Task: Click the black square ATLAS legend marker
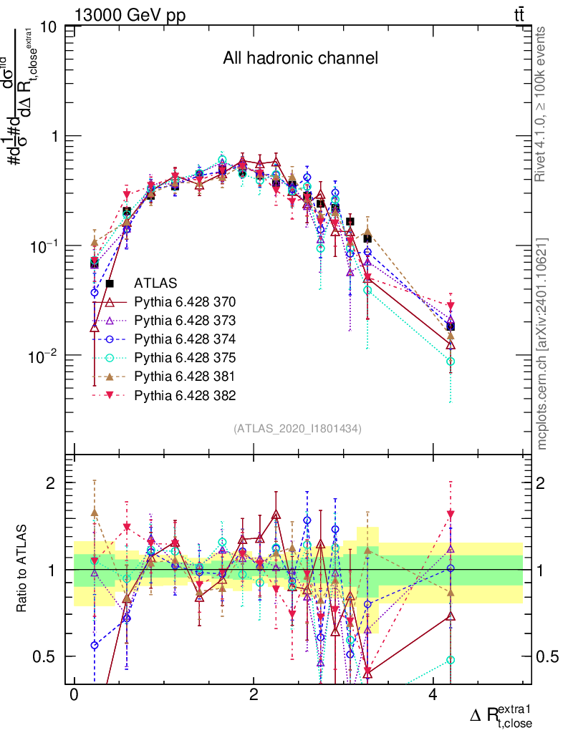[x=110, y=283]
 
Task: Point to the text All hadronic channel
[x=300, y=58]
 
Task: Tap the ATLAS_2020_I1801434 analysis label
[x=297, y=429]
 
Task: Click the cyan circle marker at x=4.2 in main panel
[x=451, y=361]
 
